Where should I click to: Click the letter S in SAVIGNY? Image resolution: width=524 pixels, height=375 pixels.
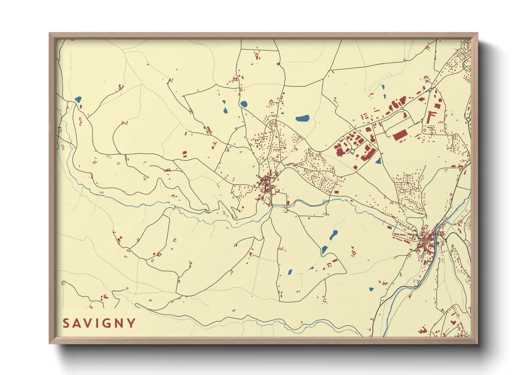(x=66, y=323)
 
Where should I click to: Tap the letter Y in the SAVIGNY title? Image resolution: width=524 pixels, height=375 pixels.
(x=131, y=323)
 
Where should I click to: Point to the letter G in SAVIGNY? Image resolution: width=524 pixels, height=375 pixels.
(x=106, y=323)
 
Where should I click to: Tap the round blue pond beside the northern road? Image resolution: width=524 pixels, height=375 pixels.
(x=244, y=104)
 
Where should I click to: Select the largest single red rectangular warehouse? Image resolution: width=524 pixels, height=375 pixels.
(x=400, y=135)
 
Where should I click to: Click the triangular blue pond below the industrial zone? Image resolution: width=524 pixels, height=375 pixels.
(x=378, y=161)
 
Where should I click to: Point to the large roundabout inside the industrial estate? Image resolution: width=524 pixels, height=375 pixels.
(x=352, y=151)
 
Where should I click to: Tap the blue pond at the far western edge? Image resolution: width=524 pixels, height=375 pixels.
(x=78, y=99)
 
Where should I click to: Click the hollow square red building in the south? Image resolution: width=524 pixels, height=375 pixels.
(x=329, y=265)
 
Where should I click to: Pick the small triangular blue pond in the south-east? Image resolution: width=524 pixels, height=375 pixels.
(x=371, y=289)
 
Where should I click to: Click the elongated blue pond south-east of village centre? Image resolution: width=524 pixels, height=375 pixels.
(x=334, y=235)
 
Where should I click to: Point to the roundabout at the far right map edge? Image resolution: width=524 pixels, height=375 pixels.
(x=468, y=120)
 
